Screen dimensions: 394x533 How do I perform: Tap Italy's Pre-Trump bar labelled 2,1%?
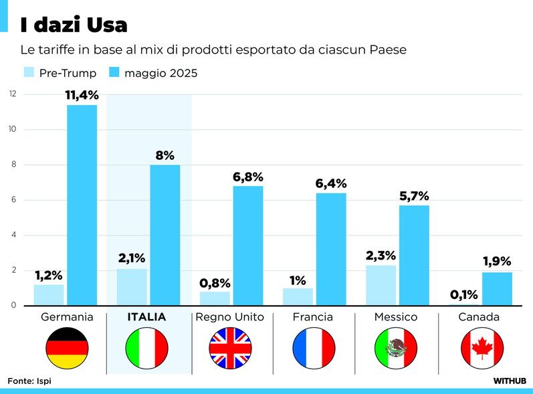click(x=132, y=287)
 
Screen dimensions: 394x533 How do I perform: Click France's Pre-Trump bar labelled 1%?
click(x=298, y=296)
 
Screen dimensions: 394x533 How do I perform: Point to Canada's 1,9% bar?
click(x=497, y=288)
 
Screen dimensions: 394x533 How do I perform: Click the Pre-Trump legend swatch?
click(x=29, y=72)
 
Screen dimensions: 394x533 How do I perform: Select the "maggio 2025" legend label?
click(x=161, y=73)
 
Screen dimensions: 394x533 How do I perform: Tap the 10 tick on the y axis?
click(x=12, y=129)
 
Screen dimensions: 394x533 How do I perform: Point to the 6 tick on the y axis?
click(x=12, y=200)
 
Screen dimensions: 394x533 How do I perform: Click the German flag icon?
click(x=67, y=349)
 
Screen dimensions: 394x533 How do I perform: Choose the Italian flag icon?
click(x=147, y=349)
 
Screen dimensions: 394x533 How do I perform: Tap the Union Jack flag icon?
click(x=230, y=349)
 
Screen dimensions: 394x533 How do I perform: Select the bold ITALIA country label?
click(x=147, y=316)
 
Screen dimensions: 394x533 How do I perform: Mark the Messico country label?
click(x=396, y=316)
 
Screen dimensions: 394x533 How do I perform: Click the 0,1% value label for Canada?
click(x=463, y=294)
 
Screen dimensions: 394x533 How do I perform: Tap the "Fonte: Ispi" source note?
click(x=29, y=381)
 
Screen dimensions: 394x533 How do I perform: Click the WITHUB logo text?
click(x=510, y=381)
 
